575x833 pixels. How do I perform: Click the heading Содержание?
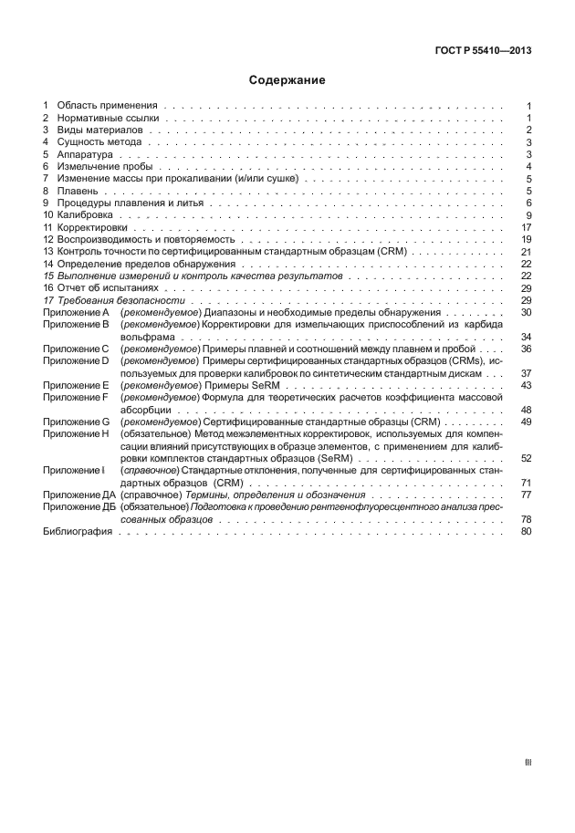coord(287,80)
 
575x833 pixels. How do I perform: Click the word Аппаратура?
coord(84,154)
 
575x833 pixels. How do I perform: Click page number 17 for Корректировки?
coord(526,227)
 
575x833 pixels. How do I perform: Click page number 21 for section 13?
coord(526,251)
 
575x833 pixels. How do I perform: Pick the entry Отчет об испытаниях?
coord(109,287)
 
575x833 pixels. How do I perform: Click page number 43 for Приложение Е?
coord(526,384)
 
